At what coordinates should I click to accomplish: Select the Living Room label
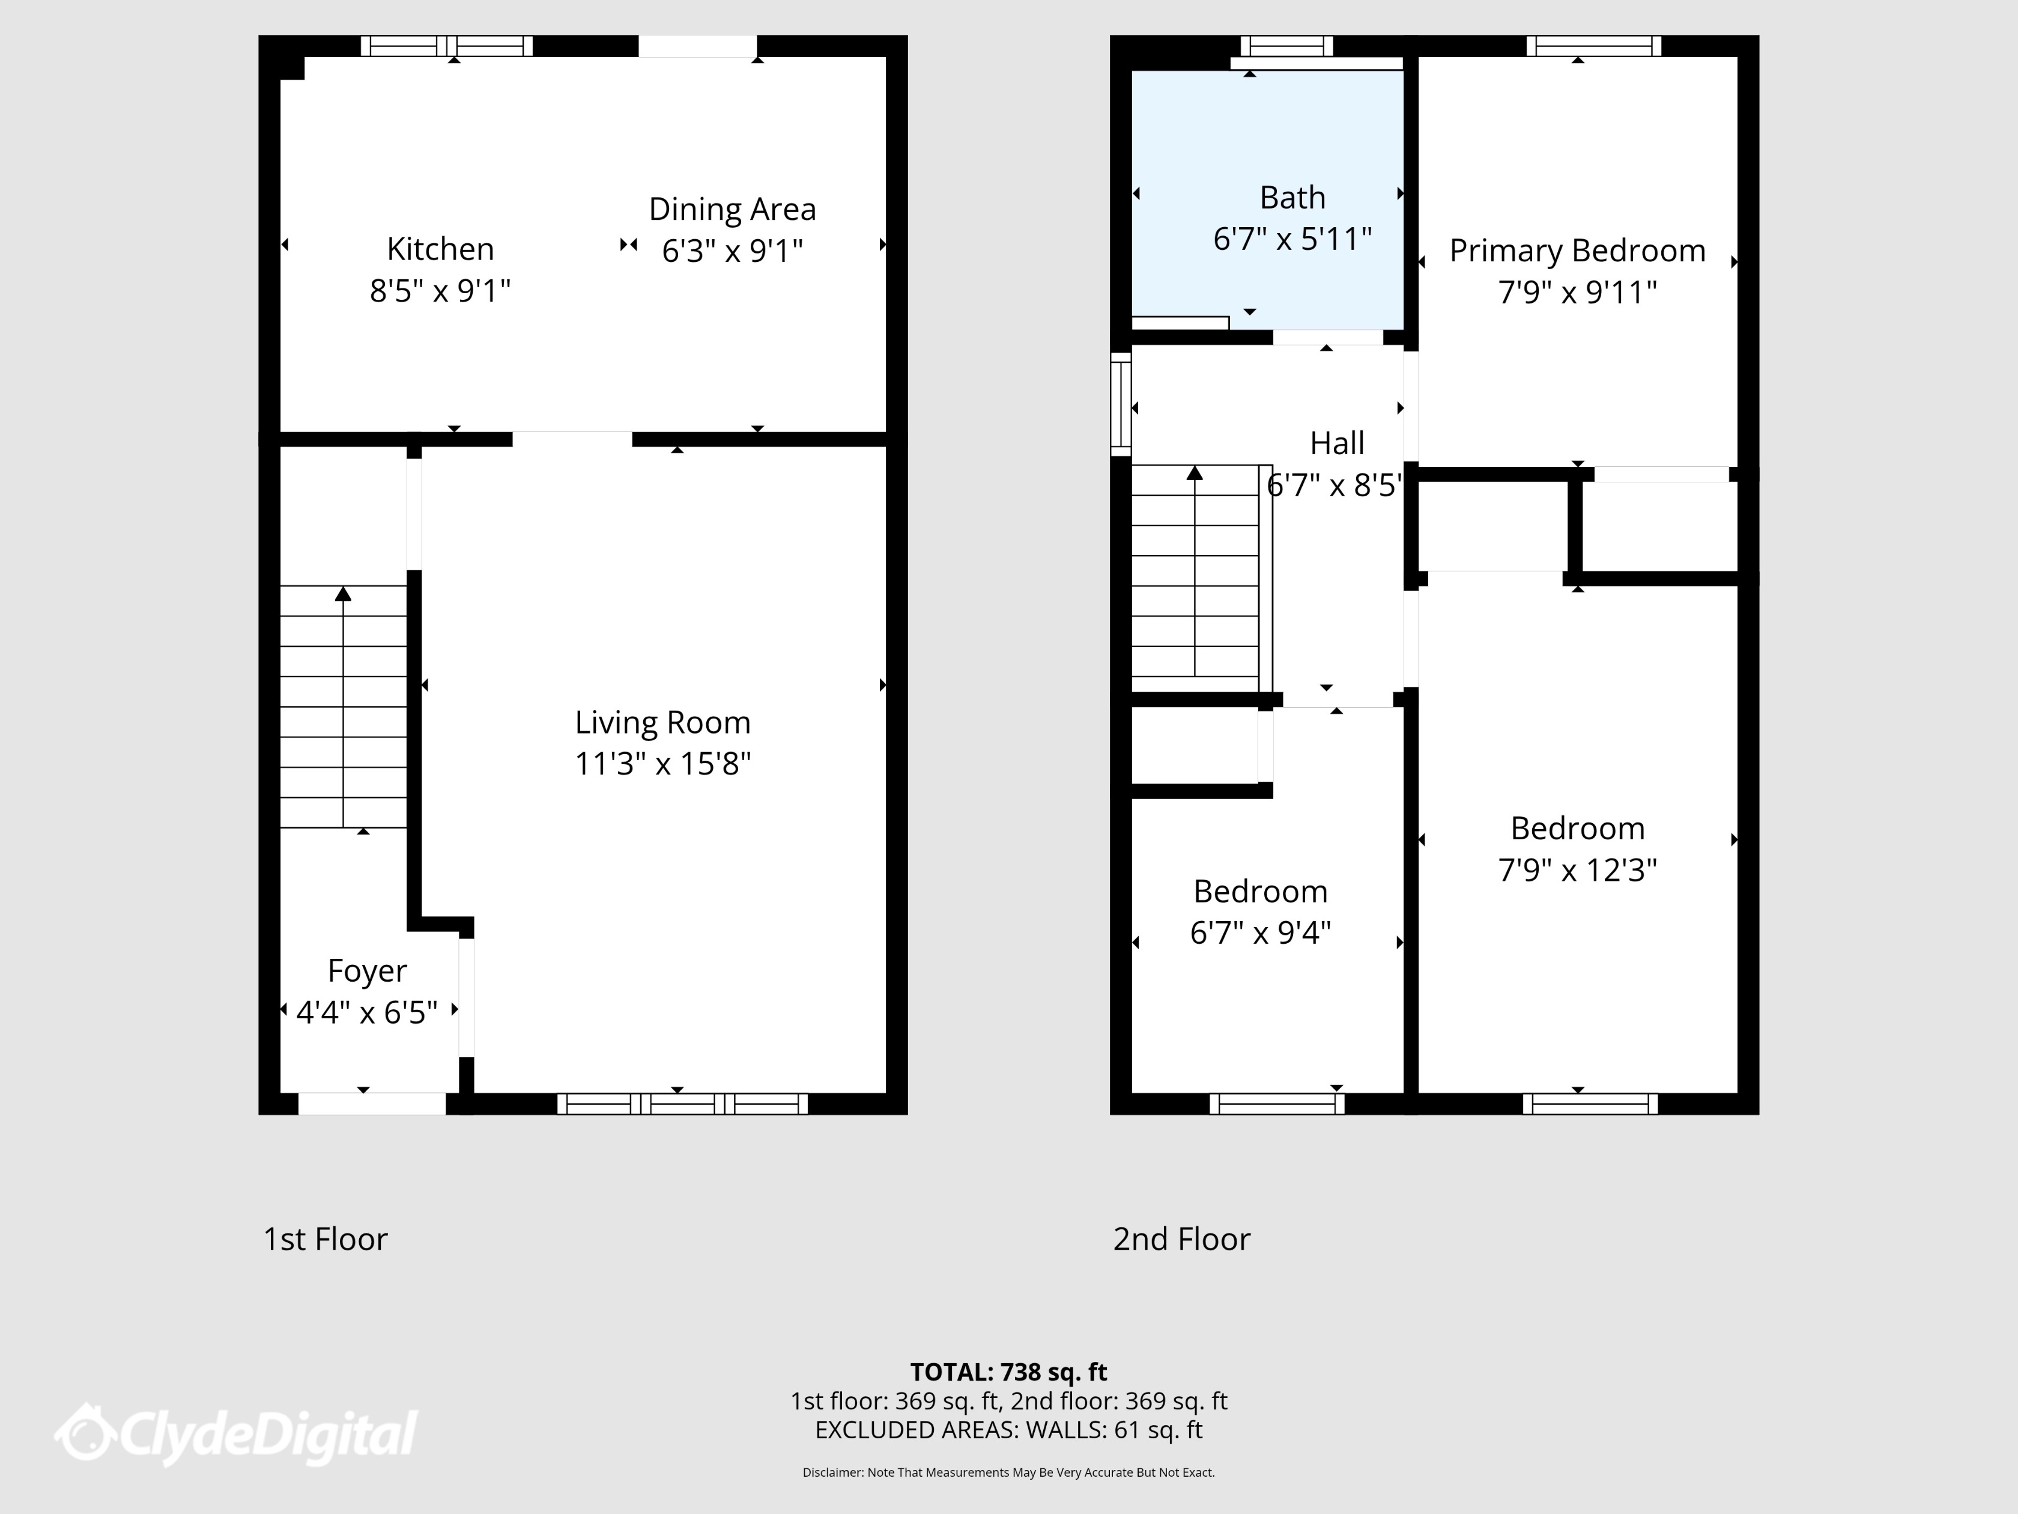[662, 723]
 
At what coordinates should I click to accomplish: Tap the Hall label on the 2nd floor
[1336, 443]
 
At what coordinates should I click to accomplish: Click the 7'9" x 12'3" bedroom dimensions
[1577, 871]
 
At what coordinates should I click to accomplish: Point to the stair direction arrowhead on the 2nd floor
[1194, 473]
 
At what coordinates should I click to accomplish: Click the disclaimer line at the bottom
[1008, 1472]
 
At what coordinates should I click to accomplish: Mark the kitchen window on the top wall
[446, 46]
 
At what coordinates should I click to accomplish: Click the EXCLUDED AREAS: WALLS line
[1008, 1430]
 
